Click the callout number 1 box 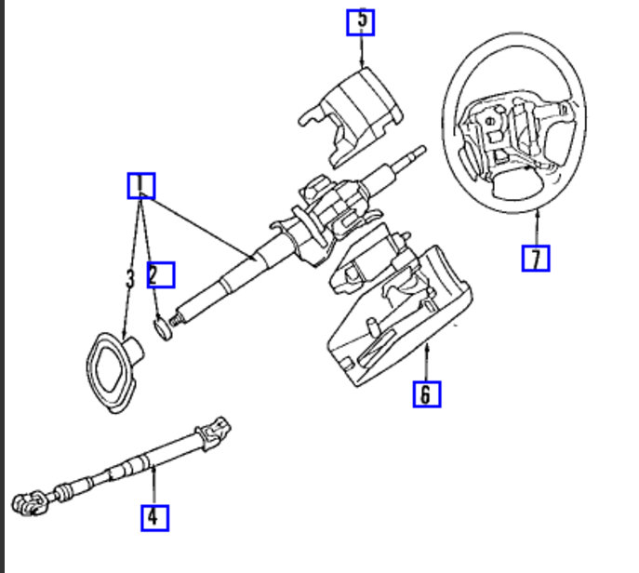tap(140, 186)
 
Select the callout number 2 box tap(160, 273)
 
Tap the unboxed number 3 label tap(129, 277)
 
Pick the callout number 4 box tap(154, 515)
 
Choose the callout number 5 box tap(360, 20)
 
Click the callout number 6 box tap(426, 394)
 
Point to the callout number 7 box tap(535, 257)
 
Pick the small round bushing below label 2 tap(163, 328)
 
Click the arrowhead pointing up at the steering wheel tap(538, 215)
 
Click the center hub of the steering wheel tap(507, 140)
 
